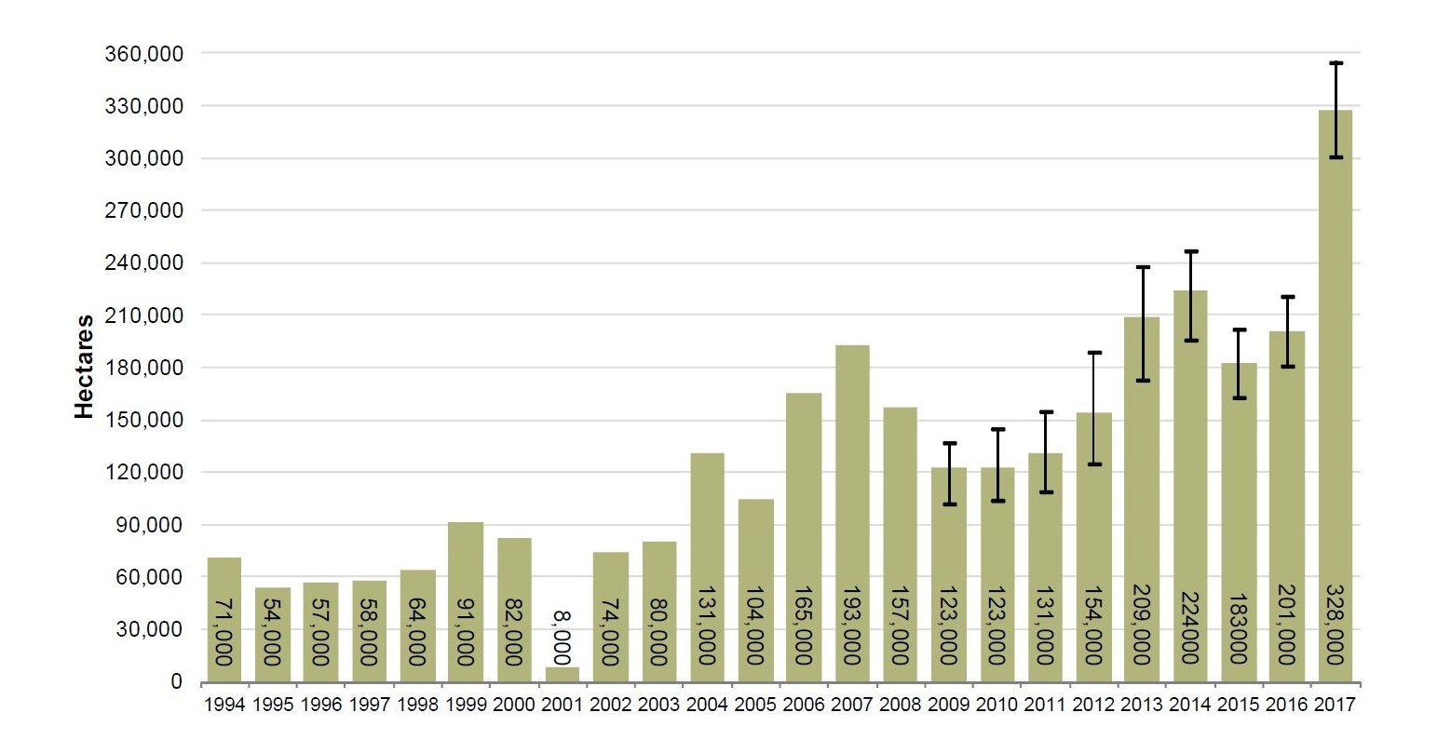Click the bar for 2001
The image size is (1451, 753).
[561, 674]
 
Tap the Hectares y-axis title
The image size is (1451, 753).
[85, 367]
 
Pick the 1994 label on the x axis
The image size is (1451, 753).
[224, 706]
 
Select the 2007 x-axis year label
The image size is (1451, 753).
[852, 706]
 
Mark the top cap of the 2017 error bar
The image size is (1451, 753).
[1336, 63]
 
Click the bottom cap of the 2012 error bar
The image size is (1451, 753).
[1093, 464]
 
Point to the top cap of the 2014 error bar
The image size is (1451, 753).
[1190, 251]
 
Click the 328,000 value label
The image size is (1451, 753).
[1336, 624]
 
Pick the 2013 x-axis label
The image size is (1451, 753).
[1142, 706]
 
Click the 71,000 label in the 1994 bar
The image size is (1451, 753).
[224, 632]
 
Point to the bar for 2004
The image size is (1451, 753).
[707, 567]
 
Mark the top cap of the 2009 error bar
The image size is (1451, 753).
[949, 443]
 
